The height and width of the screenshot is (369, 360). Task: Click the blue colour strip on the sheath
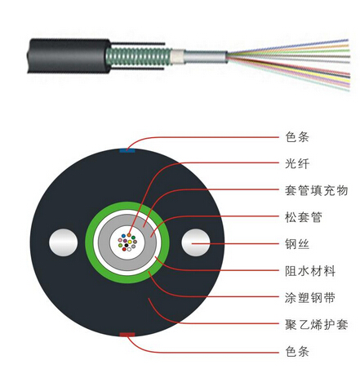pos(127,150)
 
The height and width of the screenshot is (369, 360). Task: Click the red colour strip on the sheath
pos(127,335)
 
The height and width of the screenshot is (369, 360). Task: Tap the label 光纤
pos(297,163)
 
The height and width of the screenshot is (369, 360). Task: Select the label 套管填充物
pos(316,190)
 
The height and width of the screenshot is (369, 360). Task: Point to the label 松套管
pos(304,217)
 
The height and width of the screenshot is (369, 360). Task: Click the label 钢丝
pos(297,244)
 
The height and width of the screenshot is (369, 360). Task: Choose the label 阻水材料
pos(310,271)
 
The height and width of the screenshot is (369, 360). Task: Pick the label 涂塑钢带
pos(310,297)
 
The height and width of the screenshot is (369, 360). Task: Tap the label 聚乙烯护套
pos(316,324)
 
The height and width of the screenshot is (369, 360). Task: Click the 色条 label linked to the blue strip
pos(297,137)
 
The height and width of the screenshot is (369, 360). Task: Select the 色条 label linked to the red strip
pos(297,351)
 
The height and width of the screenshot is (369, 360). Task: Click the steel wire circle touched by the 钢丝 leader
pos(196,242)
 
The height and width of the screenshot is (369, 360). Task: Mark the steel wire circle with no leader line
pos(63,242)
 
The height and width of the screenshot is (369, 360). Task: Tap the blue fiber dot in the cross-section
pos(123,236)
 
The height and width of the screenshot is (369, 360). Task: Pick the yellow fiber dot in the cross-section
pos(130,242)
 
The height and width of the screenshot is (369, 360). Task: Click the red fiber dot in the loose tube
pos(124,249)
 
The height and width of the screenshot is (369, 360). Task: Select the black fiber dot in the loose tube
pos(127,246)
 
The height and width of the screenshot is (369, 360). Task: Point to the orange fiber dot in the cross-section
pos(129,235)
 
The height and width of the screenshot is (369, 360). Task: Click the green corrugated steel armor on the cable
pos(139,56)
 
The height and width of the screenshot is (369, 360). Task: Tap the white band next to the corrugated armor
pos(178,56)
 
